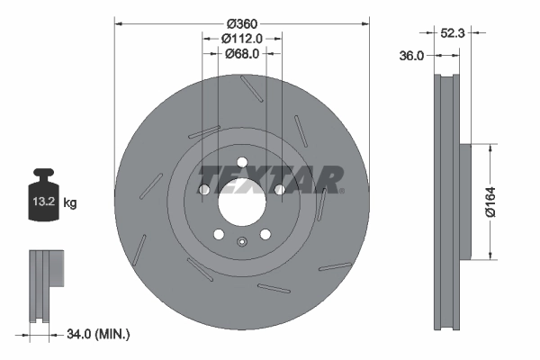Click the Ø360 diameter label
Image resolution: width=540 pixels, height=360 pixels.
point(241,22)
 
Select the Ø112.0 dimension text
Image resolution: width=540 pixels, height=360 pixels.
point(241,39)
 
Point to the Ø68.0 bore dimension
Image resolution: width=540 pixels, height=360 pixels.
point(241,54)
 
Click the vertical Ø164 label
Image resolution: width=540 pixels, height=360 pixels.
point(490,201)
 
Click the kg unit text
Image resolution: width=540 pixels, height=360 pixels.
point(70,203)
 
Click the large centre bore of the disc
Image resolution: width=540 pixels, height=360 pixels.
point(241,200)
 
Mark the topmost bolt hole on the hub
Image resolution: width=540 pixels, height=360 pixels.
point(241,163)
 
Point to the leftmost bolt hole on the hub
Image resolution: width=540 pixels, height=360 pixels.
point(203,190)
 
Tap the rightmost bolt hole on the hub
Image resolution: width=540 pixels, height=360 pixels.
point(279,190)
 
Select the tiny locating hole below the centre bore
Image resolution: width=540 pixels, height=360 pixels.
point(241,240)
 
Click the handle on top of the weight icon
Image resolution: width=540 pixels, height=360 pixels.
point(44,174)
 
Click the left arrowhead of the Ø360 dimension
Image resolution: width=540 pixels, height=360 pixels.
point(118,22)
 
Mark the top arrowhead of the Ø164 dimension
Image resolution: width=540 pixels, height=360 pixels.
point(490,146)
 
